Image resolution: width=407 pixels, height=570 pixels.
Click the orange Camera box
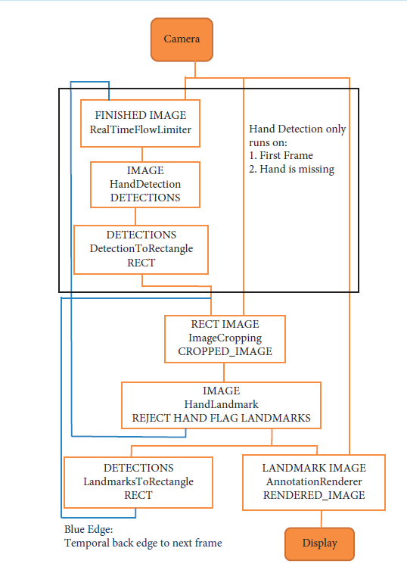point(182,39)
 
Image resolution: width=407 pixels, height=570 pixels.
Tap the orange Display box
point(319,544)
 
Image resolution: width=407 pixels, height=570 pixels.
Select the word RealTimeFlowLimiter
point(141,129)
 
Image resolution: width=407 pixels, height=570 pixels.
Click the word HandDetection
point(145,184)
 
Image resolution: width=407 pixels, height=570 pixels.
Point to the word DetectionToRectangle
point(141,248)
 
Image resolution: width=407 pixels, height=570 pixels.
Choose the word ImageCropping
point(225,338)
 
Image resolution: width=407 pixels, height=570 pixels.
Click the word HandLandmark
point(222,404)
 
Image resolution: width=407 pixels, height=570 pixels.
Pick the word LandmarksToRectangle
point(138,481)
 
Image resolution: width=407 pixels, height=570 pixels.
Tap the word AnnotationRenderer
point(314,481)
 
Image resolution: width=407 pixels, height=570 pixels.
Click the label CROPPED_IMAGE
point(225,351)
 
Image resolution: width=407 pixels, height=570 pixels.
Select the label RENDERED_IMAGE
point(314,495)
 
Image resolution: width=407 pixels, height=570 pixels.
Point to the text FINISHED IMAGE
point(141,115)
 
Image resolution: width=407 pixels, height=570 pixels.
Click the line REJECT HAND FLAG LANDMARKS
point(222,418)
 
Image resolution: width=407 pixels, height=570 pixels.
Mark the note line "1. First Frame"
point(281,156)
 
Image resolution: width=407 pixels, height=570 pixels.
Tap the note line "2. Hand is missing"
point(291,170)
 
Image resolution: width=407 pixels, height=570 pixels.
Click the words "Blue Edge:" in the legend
point(89,529)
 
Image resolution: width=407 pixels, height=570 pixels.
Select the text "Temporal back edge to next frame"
point(143,543)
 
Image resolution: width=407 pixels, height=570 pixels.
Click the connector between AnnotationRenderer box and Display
point(322,519)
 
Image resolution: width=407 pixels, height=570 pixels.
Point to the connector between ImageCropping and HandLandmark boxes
point(224,372)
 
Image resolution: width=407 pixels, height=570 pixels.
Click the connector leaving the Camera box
point(195,70)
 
